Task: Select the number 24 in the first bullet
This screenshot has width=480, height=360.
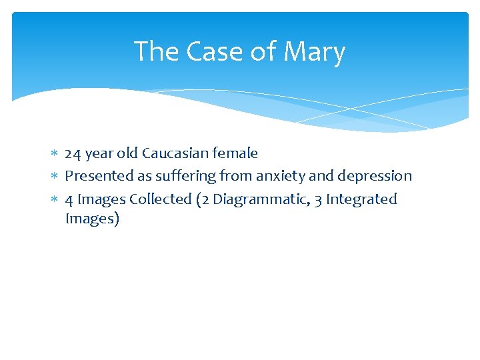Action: (73, 153)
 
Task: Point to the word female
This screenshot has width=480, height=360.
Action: (235, 153)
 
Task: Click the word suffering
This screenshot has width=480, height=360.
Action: (181, 176)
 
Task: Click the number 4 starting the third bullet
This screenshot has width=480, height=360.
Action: (69, 199)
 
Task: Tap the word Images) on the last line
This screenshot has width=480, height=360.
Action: (92, 219)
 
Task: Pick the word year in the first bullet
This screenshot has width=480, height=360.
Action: (99, 153)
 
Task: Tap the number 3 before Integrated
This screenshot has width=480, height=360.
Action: (317, 199)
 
